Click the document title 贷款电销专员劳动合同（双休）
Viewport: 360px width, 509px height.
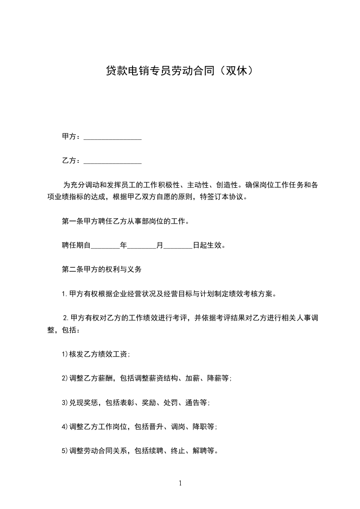click(x=179, y=71)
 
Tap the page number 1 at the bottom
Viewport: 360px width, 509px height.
click(x=180, y=483)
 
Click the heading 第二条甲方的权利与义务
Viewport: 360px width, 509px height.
click(x=102, y=269)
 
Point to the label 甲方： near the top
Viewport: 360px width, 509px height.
click(x=72, y=137)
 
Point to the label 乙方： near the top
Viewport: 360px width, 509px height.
click(x=72, y=161)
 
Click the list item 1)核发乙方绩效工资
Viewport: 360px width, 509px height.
click(x=96, y=355)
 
